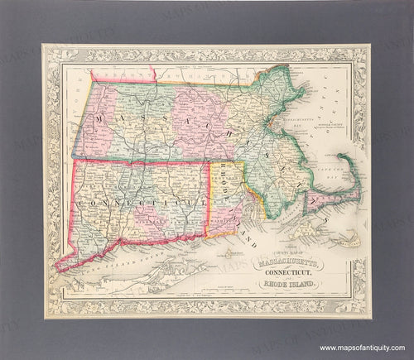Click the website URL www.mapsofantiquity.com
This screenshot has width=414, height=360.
click(360, 347)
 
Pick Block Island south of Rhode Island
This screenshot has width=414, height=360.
click(226, 254)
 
